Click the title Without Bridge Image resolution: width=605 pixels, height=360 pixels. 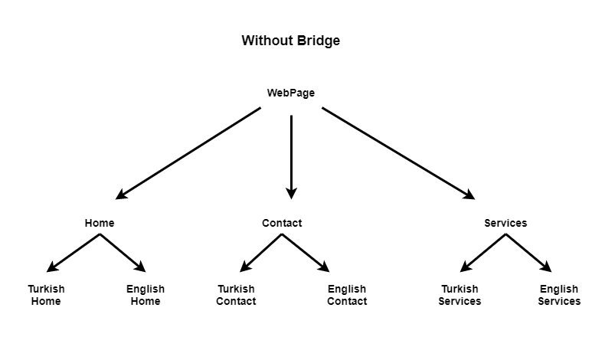tap(290, 41)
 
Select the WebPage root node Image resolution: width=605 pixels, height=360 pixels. tap(290, 93)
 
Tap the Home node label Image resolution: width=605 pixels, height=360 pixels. tap(100, 223)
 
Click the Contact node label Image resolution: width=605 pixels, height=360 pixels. tap(282, 223)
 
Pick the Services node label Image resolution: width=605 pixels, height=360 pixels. tap(505, 223)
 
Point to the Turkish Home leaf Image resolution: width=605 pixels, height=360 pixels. tap(46, 295)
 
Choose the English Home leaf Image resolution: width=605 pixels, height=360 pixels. tap(145, 295)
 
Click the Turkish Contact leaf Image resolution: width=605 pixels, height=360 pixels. tap(236, 295)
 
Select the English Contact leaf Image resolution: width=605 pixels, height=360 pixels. tap(347, 295)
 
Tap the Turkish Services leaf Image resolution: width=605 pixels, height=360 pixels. tap(459, 295)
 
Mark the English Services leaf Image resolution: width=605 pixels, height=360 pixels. tap(559, 295)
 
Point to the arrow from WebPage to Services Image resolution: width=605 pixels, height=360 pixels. tap(398, 153)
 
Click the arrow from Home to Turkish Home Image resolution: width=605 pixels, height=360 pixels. tap(74, 253)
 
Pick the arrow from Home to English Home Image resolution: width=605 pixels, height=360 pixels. tap(123, 253)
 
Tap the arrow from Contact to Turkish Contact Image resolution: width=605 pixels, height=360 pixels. tap(261, 253)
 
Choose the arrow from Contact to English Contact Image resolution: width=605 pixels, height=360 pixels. tap(305, 253)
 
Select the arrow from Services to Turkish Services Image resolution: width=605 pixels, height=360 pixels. tap(482, 253)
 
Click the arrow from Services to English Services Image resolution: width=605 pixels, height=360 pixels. tap(528, 253)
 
